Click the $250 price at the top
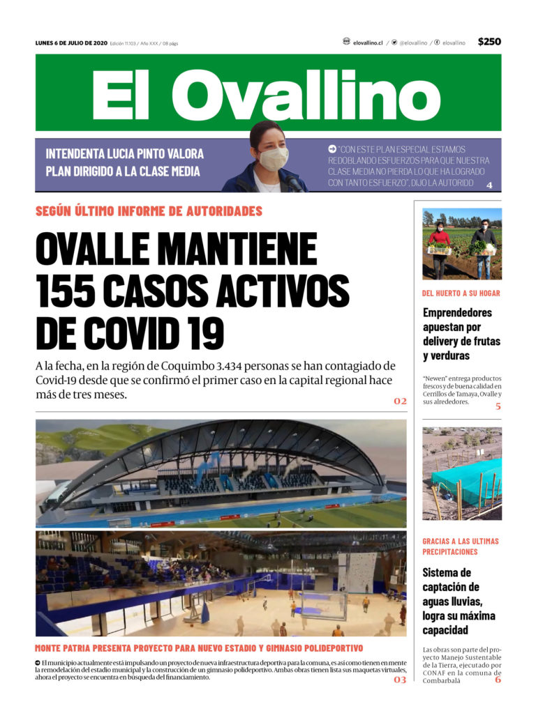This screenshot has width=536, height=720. (x=489, y=42)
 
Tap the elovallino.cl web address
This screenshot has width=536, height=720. (x=368, y=43)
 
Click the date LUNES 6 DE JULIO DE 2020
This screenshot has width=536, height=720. (x=71, y=43)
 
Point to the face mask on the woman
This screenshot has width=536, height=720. (x=274, y=159)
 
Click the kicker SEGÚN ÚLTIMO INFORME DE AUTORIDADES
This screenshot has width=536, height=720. (x=149, y=211)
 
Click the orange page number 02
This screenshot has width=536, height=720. (x=400, y=401)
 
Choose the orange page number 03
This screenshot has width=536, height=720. (x=400, y=680)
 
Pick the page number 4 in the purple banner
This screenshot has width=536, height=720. (x=489, y=185)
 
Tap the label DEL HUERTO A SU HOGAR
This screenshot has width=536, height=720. (x=461, y=293)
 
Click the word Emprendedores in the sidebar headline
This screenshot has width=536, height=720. (x=457, y=312)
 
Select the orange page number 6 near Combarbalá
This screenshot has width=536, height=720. (x=498, y=680)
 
